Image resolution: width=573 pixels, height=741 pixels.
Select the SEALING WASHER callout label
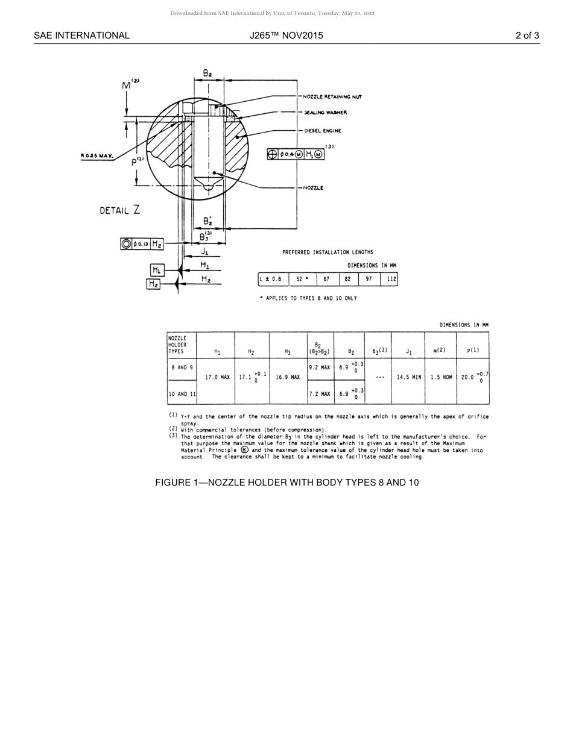click(324, 113)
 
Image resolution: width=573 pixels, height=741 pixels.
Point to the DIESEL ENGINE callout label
click(322, 131)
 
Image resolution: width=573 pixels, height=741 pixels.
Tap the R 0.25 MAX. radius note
click(97, 156)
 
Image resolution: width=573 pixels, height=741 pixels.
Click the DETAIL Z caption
click(120, 210)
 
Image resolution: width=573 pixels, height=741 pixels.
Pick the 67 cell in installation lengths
click(326, 280)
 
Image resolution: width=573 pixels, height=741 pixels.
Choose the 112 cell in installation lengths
click(391, 280)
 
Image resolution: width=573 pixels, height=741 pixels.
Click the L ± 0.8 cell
click(270, 280)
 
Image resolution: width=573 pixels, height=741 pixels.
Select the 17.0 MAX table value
click(217, 378)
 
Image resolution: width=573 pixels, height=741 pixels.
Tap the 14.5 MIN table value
click(409, 378)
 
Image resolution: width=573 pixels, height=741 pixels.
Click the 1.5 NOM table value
click(442, 378)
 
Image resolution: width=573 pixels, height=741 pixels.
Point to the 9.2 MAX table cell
click(320, 367)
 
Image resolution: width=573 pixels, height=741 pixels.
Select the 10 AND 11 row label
click(182, 394)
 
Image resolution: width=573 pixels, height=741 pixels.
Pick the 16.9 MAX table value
click(287, 378)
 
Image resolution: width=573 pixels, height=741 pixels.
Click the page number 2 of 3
click(527, 36)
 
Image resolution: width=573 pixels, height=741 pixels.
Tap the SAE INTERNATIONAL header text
click(81, 36)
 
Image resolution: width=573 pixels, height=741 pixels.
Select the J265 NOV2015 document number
click(286, 36)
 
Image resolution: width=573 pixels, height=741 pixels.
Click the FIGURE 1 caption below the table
click(286, 483)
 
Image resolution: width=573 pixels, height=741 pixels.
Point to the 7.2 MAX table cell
click(320, 394)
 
